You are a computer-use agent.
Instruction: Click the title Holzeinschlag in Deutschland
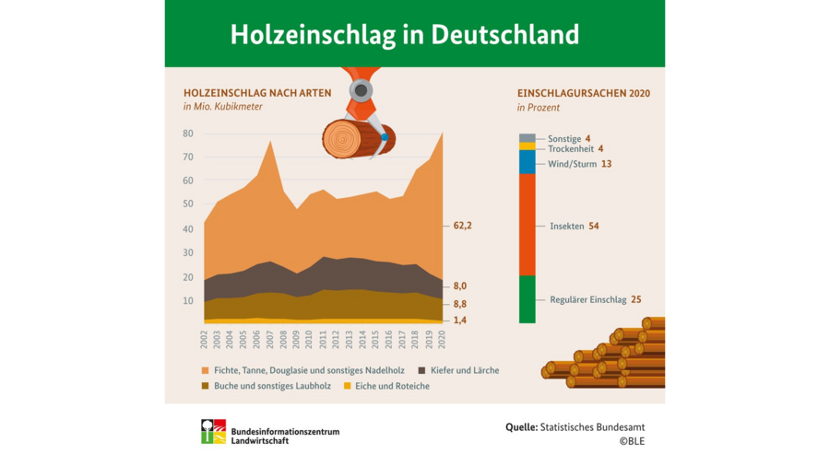[x=404, y=34]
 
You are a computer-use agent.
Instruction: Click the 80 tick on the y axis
[x=187, y=134]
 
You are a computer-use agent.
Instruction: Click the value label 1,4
[x=461, y=320]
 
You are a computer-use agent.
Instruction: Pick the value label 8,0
[x=461, y=286]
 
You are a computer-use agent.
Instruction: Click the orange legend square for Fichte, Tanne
[x=207, y=370]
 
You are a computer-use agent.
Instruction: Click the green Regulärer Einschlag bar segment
[x=527, y=299]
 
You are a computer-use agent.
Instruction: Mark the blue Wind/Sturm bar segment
[x=527, y=162]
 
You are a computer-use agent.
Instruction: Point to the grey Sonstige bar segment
[x=527, y=137]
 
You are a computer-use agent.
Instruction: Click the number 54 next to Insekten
[x=595, y=226]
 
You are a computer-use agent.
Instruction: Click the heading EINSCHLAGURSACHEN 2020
[x=583, y=94]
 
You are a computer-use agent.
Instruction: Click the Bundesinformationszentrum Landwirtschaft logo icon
[x=213, y=431]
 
